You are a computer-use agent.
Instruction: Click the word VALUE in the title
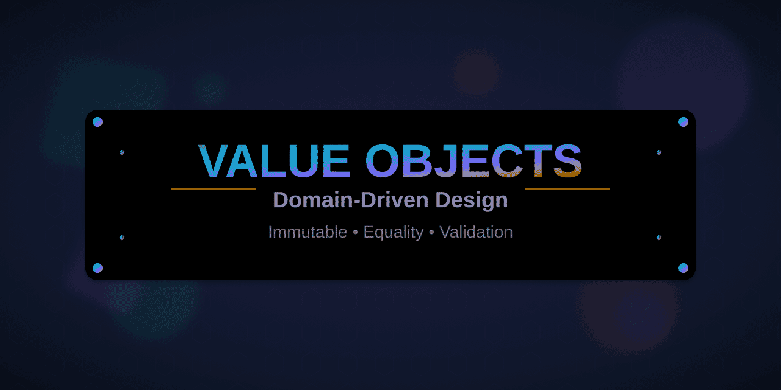click(x=274, y=161)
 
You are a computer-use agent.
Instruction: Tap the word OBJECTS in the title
click(x=473, y=161)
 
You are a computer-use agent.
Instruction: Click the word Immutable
click(x=308, y=232)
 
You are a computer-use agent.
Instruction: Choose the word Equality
click(x=393, y=232)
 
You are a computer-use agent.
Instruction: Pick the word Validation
click(x=476, y=232)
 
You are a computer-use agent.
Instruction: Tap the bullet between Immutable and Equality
click(x=355, y=233)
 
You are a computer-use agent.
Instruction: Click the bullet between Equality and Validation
click(x=431, y=233)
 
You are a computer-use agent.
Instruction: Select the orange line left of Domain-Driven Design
click(x=213, y=189)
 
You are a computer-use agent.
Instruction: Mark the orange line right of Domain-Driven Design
click(x=567, y=189)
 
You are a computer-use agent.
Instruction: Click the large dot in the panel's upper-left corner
click(x=98, y=122)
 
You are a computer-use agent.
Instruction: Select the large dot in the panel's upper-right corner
click(x=683, y=122)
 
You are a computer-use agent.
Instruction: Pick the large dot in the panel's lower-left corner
click(x=98, y=268)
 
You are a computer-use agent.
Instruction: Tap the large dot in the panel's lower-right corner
click(x=683, y=268)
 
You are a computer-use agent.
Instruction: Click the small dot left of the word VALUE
click(x=122, y=152)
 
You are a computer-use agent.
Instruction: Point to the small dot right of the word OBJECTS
click(x=659, y=152)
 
